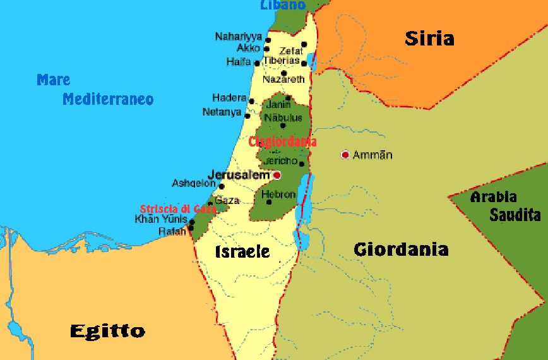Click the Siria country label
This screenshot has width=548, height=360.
point(429,39)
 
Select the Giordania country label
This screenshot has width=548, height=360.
point(401,249)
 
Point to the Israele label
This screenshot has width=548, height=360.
point(242,252)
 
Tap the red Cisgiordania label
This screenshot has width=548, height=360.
point(282,142)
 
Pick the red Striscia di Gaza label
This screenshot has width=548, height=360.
point(178,209)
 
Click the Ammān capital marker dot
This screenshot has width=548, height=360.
point(345,155)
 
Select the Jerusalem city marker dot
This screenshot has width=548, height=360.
point(277,175)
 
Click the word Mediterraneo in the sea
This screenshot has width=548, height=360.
point(108,100)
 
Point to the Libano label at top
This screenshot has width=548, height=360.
point(282,5)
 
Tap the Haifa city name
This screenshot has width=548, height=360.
point(239,62)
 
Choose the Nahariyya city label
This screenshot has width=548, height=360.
point(239,37)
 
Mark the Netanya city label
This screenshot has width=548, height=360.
point(222,112)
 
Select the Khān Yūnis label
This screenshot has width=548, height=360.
point(160,219)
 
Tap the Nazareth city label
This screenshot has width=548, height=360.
point(283,80)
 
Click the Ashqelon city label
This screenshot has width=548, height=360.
point(193,183)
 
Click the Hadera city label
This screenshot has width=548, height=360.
point(229,98)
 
